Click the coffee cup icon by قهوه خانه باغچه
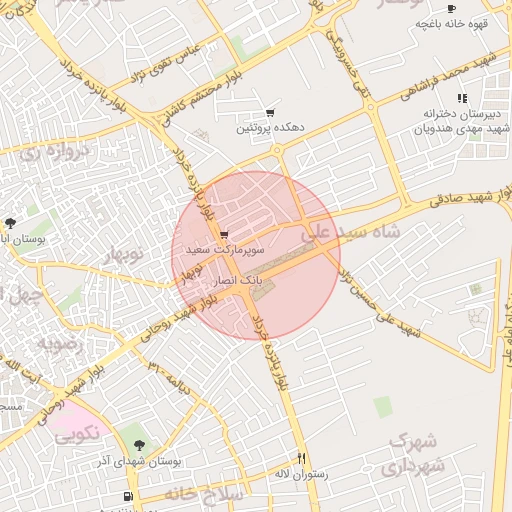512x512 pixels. tap(451, 9)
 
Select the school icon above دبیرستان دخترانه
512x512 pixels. tap(461, 98)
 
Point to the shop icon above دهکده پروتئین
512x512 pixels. tap(269, 113)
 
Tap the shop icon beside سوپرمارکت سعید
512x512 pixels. tap(222, 235)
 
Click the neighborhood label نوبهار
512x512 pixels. tap(125, 254)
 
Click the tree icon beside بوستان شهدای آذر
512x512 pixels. tap(137, 445)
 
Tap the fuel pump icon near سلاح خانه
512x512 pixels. tap(127, 497)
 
